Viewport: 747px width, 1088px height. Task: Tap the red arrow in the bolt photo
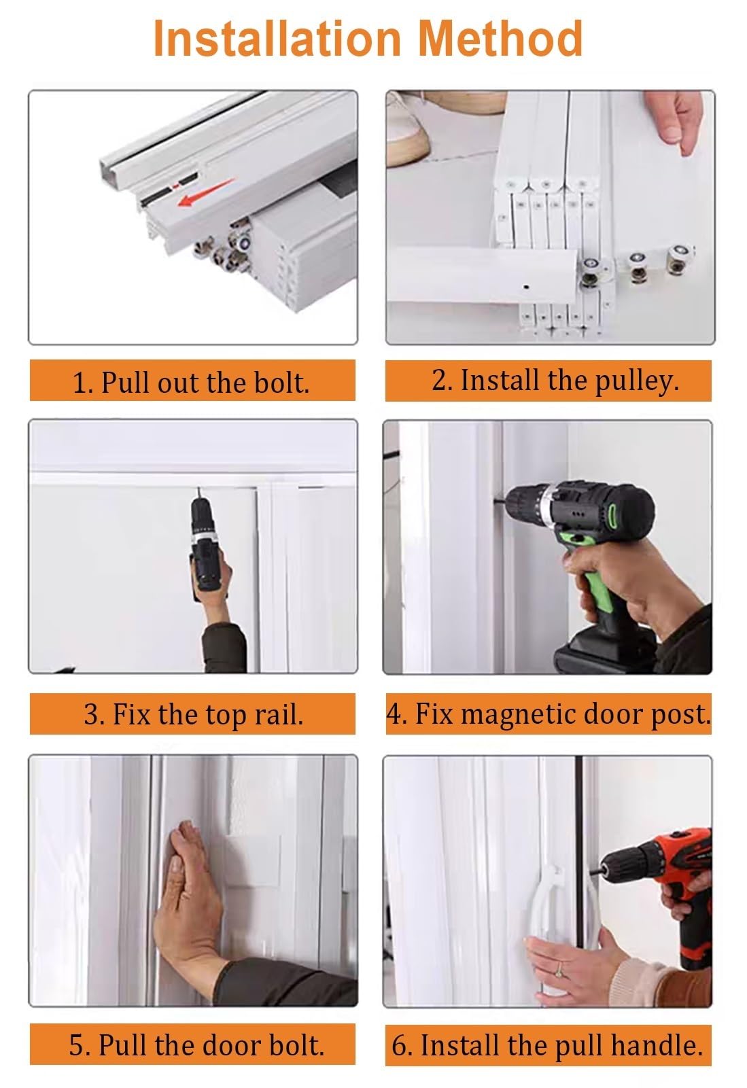[x=206, y=192]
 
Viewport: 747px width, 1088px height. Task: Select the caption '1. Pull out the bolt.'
[x=191, y=383]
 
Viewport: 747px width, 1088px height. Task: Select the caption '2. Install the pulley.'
[x=555, y=381]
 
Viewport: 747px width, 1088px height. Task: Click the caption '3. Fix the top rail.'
[x=194, y=714]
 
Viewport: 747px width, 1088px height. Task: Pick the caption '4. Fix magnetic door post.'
[x=549, y=714]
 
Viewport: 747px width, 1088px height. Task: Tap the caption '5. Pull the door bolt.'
[x=196, y=1045]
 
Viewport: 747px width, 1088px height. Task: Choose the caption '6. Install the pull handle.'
[x=547, y=1046]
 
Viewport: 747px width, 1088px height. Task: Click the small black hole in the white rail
[x=526, y=287]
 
